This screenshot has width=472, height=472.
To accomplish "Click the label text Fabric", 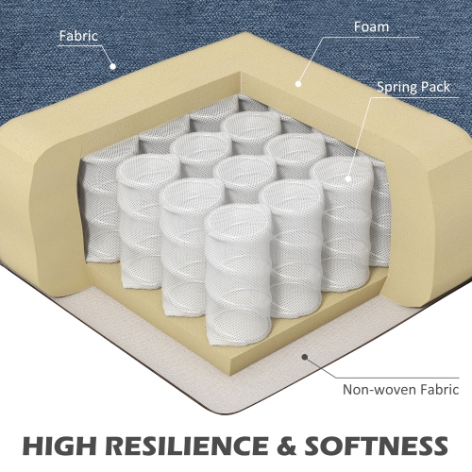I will [x=79, y=38].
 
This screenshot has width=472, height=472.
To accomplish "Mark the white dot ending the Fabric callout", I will [x=112, y=66].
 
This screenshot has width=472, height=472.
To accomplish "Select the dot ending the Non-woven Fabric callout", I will [x=305, y=358].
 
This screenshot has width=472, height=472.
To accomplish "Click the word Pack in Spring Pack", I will [x=441, y=86].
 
